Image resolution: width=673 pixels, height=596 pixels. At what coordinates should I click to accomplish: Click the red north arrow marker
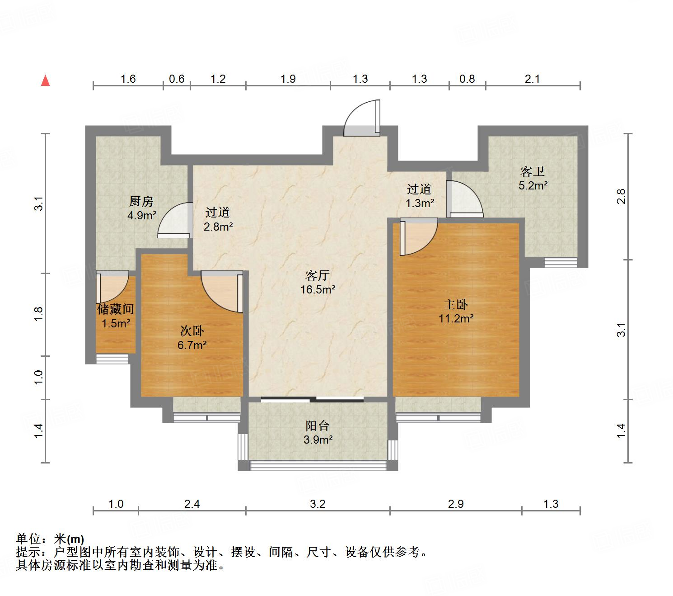pyautogui.click(x=45, y=80)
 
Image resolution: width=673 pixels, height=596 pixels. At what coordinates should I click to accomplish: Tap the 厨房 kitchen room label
pyautogui.click(x=141, y=201)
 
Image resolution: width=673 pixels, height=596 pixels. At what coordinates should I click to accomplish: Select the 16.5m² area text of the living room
pyautogui.click(x=318, y=290)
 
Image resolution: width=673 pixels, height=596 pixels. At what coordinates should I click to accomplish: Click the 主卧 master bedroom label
pyautogui.click(x=456, y=304)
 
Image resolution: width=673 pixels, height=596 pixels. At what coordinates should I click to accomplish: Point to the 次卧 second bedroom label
pyautogui.click(x=192, y=331)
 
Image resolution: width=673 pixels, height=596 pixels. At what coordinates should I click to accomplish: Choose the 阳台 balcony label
pyautogui.click(x=318, y=426)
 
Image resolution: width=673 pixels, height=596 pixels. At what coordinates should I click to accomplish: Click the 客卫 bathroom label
pyautogui.click(x=533, y=171)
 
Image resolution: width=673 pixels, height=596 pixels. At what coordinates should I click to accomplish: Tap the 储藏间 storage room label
pyautogui.click(x=116, y=309)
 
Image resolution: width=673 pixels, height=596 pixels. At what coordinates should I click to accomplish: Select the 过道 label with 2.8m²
pyautogui.click(x=218, y=212)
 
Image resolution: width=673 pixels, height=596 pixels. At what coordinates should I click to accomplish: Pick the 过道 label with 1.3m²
pyautogui.click(x=419, y=189)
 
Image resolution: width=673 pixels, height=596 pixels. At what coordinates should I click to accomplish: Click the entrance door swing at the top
pyautogui.click(x=361, y=118)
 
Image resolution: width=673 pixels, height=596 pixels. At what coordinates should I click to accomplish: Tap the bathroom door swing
pyautogui.click(x=464, y=198)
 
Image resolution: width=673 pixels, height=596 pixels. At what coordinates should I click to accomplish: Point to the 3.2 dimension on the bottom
pyautogui.click(x=318, y=504)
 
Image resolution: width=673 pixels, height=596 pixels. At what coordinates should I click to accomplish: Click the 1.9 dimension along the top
pyautogui.click(x=288, y=79)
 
